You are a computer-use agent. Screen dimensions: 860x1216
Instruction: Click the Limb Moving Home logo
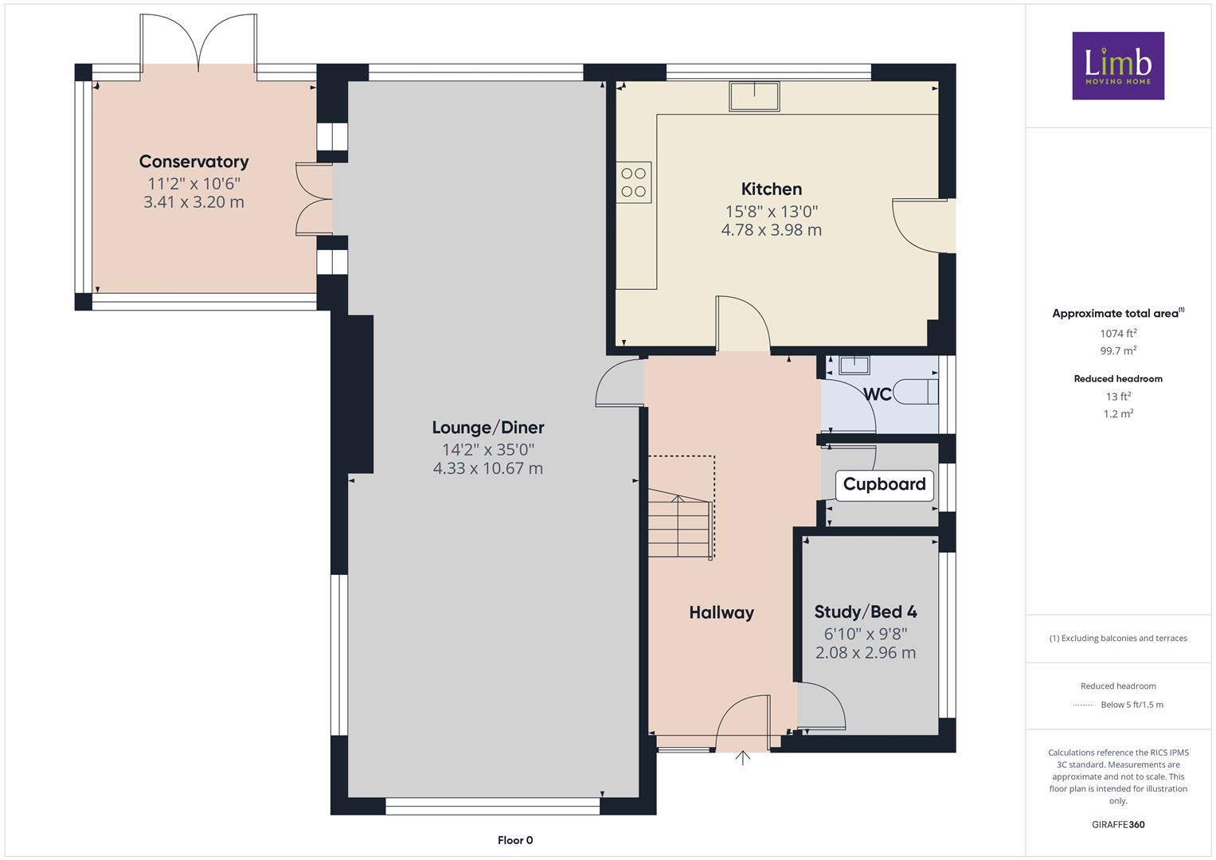click(x=1117, y=65)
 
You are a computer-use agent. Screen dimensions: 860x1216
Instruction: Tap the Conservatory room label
click(x=194, y=162)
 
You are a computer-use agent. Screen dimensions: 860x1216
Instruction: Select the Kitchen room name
click(x=771, y=189)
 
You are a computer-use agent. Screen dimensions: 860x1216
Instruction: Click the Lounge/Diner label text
click(x=487, y=428)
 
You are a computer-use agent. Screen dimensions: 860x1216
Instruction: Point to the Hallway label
click(x=721, y=612)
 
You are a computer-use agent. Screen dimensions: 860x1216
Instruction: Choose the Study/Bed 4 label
click(x=865, y=612)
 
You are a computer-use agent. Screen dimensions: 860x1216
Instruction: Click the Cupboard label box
click(x=884, y=484)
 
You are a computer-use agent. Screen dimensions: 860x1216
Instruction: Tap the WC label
click(x=877, y=394)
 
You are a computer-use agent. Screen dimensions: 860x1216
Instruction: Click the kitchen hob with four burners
click(x=634, y=182)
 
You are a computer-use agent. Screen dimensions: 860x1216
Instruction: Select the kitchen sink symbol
click(x=754, y=96)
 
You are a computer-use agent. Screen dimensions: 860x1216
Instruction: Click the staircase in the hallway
click(x=679, y=526)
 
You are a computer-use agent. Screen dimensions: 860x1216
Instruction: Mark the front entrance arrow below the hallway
click(x=742, y=757)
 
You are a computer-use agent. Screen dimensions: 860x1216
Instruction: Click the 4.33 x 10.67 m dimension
click(x=487, y=468)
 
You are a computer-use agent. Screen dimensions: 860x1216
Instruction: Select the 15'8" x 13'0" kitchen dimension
click(x=771, y=211)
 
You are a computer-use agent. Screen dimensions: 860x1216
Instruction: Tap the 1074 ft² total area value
click(x=1117, y=334)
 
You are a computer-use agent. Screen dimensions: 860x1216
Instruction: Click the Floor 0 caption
click(x=515, y=840)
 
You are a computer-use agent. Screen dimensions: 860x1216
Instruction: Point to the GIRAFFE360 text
click(x=1117, y=824)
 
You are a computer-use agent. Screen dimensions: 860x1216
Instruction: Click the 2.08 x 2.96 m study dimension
click(x=865, y=653)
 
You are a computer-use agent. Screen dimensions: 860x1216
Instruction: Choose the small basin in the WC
click(x=854, y=365)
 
